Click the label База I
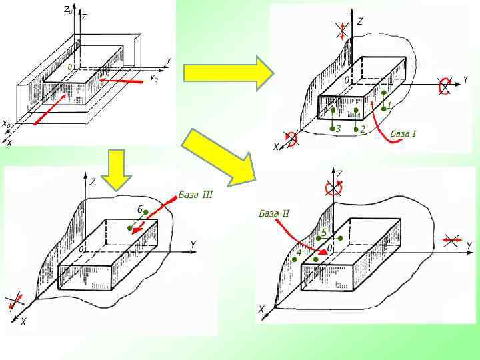coord(403,134)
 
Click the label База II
coord(274,213)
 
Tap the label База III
coord(195,195)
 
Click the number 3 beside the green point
coord(339,129)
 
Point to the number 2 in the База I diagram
coord(363,129)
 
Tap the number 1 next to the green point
coord(389,105)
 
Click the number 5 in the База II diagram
coord(324,232)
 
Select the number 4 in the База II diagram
coord(299,253)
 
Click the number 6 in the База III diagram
coord(140,209)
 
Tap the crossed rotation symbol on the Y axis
coord(444,86)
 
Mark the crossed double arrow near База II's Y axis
coord(451,241)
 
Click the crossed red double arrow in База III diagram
coord(15,301)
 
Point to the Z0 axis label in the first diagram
coord(68,9)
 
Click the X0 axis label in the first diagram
coord(6,124)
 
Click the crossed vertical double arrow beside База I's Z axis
coord(341,29)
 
